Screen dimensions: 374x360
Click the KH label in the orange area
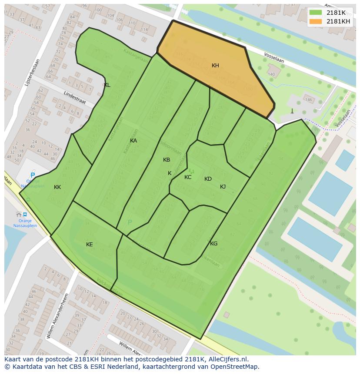click(215, 66)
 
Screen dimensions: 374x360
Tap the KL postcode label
click(107, 85)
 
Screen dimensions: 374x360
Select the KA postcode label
click(133, 141)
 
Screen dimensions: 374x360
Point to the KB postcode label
click(167, 160)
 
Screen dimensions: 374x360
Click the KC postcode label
click(188, 177)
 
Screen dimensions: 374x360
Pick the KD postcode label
click(208, 179)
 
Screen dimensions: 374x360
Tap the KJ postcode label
click(223, 187)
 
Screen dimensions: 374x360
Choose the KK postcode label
click(57, 187)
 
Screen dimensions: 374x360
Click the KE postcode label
click(89, 245)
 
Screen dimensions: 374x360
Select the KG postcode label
click(213, 244)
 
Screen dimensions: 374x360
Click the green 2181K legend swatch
click(316, 13)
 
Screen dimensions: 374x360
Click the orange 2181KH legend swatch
click(316, 21)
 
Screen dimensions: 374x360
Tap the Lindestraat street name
click(74, 98)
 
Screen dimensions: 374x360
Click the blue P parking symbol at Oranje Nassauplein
click(33, 176)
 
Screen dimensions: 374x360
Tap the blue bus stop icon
click(25, 214)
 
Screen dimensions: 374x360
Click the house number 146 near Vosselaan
click(308, 100)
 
